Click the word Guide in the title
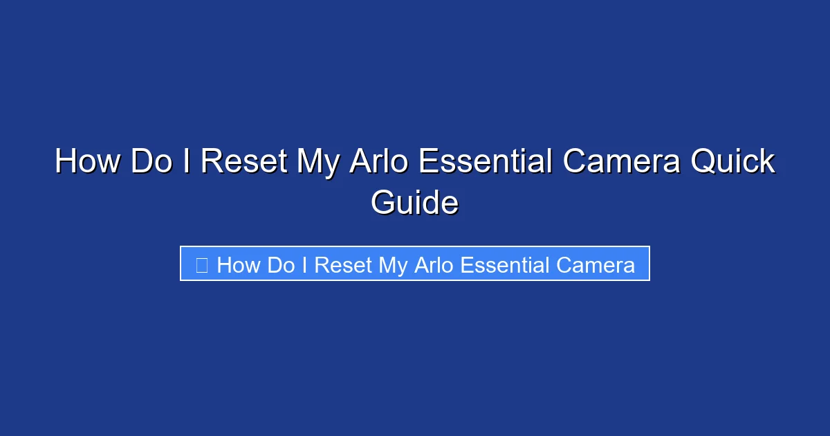click(414, 203)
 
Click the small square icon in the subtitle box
click(201, 265)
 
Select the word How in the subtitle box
click(239, 265)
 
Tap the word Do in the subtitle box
click(280, 265)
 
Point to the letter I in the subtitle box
click(304, 265)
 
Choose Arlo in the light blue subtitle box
click(434, 265)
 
